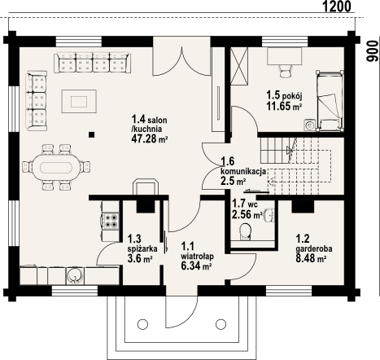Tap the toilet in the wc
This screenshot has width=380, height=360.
[245, 234]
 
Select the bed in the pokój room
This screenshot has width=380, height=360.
[330, 100]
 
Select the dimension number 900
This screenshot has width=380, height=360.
[372, 53]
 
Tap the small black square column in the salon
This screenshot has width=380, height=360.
[93, 134]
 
